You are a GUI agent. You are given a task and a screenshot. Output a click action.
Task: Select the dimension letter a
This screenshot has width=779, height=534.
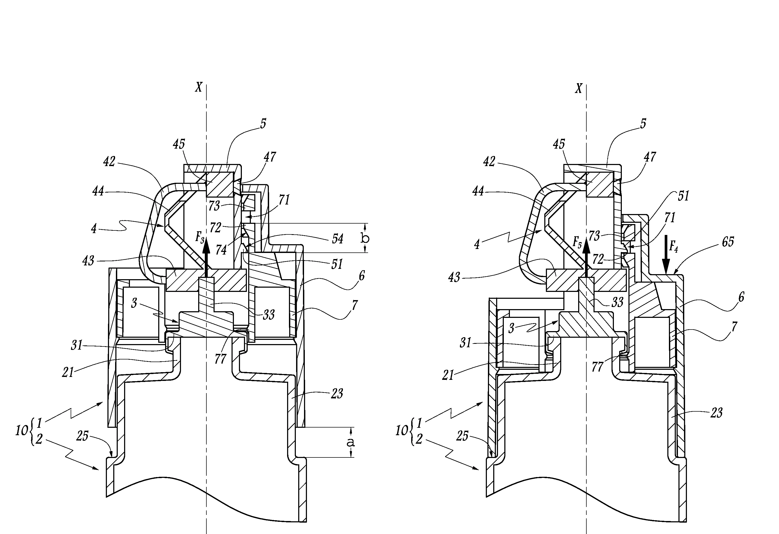pyautogui.click(x=350, y=442)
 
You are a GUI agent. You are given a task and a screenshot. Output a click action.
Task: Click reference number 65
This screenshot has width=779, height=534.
pyautogui.click(x=728, y=242)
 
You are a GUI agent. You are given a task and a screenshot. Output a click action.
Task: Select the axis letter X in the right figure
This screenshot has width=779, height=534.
pyautogui.click(x=578, y=89)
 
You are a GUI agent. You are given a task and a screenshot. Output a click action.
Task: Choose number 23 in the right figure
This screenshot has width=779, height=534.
pyautogui.click(x=716, y=412)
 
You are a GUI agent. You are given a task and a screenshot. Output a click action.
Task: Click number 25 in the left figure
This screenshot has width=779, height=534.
pyautogui.click(x=82, y=436)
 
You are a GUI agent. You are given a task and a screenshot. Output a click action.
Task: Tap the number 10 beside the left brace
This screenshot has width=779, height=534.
pyautogui.click(x=22, y=430)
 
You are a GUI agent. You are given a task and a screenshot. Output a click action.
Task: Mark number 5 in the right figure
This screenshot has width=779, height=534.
pyautogui.click(x=643, y=123)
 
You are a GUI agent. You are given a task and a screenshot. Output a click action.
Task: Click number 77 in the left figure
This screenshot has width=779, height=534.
pyautogui.click(x=220, y=359)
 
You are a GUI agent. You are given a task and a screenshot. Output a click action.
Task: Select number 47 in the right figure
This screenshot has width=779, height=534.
pyautogui.click(x=650, y=157)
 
